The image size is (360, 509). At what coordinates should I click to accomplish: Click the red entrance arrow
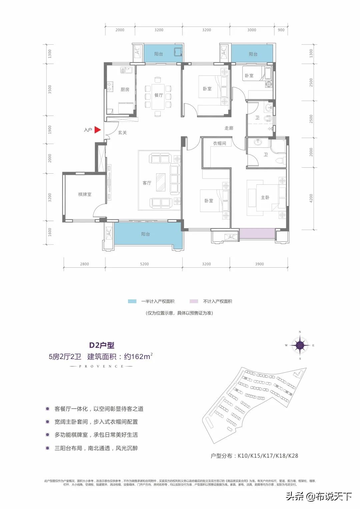click(97, 130)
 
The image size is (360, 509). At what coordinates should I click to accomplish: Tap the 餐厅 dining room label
click(159, 95)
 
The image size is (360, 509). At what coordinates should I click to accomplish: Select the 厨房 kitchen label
click(125, 89)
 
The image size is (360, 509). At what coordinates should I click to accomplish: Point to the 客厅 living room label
click(147, 183)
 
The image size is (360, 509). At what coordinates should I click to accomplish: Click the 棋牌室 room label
click(85, 194)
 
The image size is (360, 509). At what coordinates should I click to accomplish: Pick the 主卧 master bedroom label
click(265, 198)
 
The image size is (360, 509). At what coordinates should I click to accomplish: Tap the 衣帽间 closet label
click(219, 143)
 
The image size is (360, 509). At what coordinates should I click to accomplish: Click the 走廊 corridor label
click(229, 128)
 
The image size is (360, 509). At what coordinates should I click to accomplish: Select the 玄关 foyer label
click(122, 133)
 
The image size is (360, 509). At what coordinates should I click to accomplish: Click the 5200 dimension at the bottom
click(144, 264)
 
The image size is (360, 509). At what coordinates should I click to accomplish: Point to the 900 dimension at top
click(281, 30)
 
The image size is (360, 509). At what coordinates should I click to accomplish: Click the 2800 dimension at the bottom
click(84, 264)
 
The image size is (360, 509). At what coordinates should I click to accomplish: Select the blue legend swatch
click(132, 301)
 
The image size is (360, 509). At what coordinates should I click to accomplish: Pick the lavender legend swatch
click(194, 301)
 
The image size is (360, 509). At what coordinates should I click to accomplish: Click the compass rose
click(300, 345)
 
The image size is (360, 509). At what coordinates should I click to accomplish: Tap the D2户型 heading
click(102, 345)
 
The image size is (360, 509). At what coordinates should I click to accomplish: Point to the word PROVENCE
click(101, 366)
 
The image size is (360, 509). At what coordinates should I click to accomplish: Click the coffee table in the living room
click(161, 182)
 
